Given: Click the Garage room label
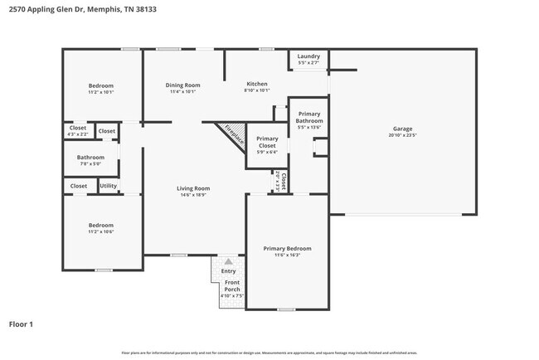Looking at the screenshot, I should [402, 129].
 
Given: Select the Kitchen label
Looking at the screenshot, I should [257, 85].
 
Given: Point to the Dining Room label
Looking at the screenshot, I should [183, 85].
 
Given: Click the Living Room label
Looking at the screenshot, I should [193, 188].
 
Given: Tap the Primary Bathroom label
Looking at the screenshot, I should [309, 117].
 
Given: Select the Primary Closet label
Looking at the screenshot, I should [267, 142].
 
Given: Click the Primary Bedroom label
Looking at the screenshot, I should [287, 248].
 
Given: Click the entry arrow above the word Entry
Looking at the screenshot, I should [229, 261].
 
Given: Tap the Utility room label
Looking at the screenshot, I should [109, 186].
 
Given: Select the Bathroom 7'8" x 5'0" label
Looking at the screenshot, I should [90, 157].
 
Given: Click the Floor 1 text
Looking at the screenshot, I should [21, 324].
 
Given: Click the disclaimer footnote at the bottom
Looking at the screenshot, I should [269, 353].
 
